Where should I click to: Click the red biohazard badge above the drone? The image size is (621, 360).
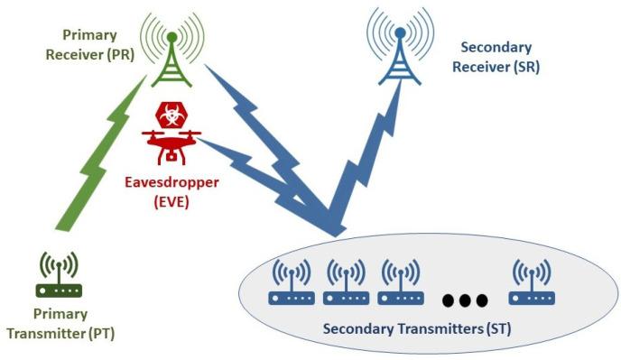click(x=169, y=115)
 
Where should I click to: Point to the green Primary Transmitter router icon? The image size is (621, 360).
click(x=60, y=275)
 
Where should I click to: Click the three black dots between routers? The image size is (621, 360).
click(x=467, y=299)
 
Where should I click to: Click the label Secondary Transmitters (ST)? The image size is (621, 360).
click(x=416, y=328)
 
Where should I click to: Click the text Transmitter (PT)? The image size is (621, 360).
click(x=60, y=333)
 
